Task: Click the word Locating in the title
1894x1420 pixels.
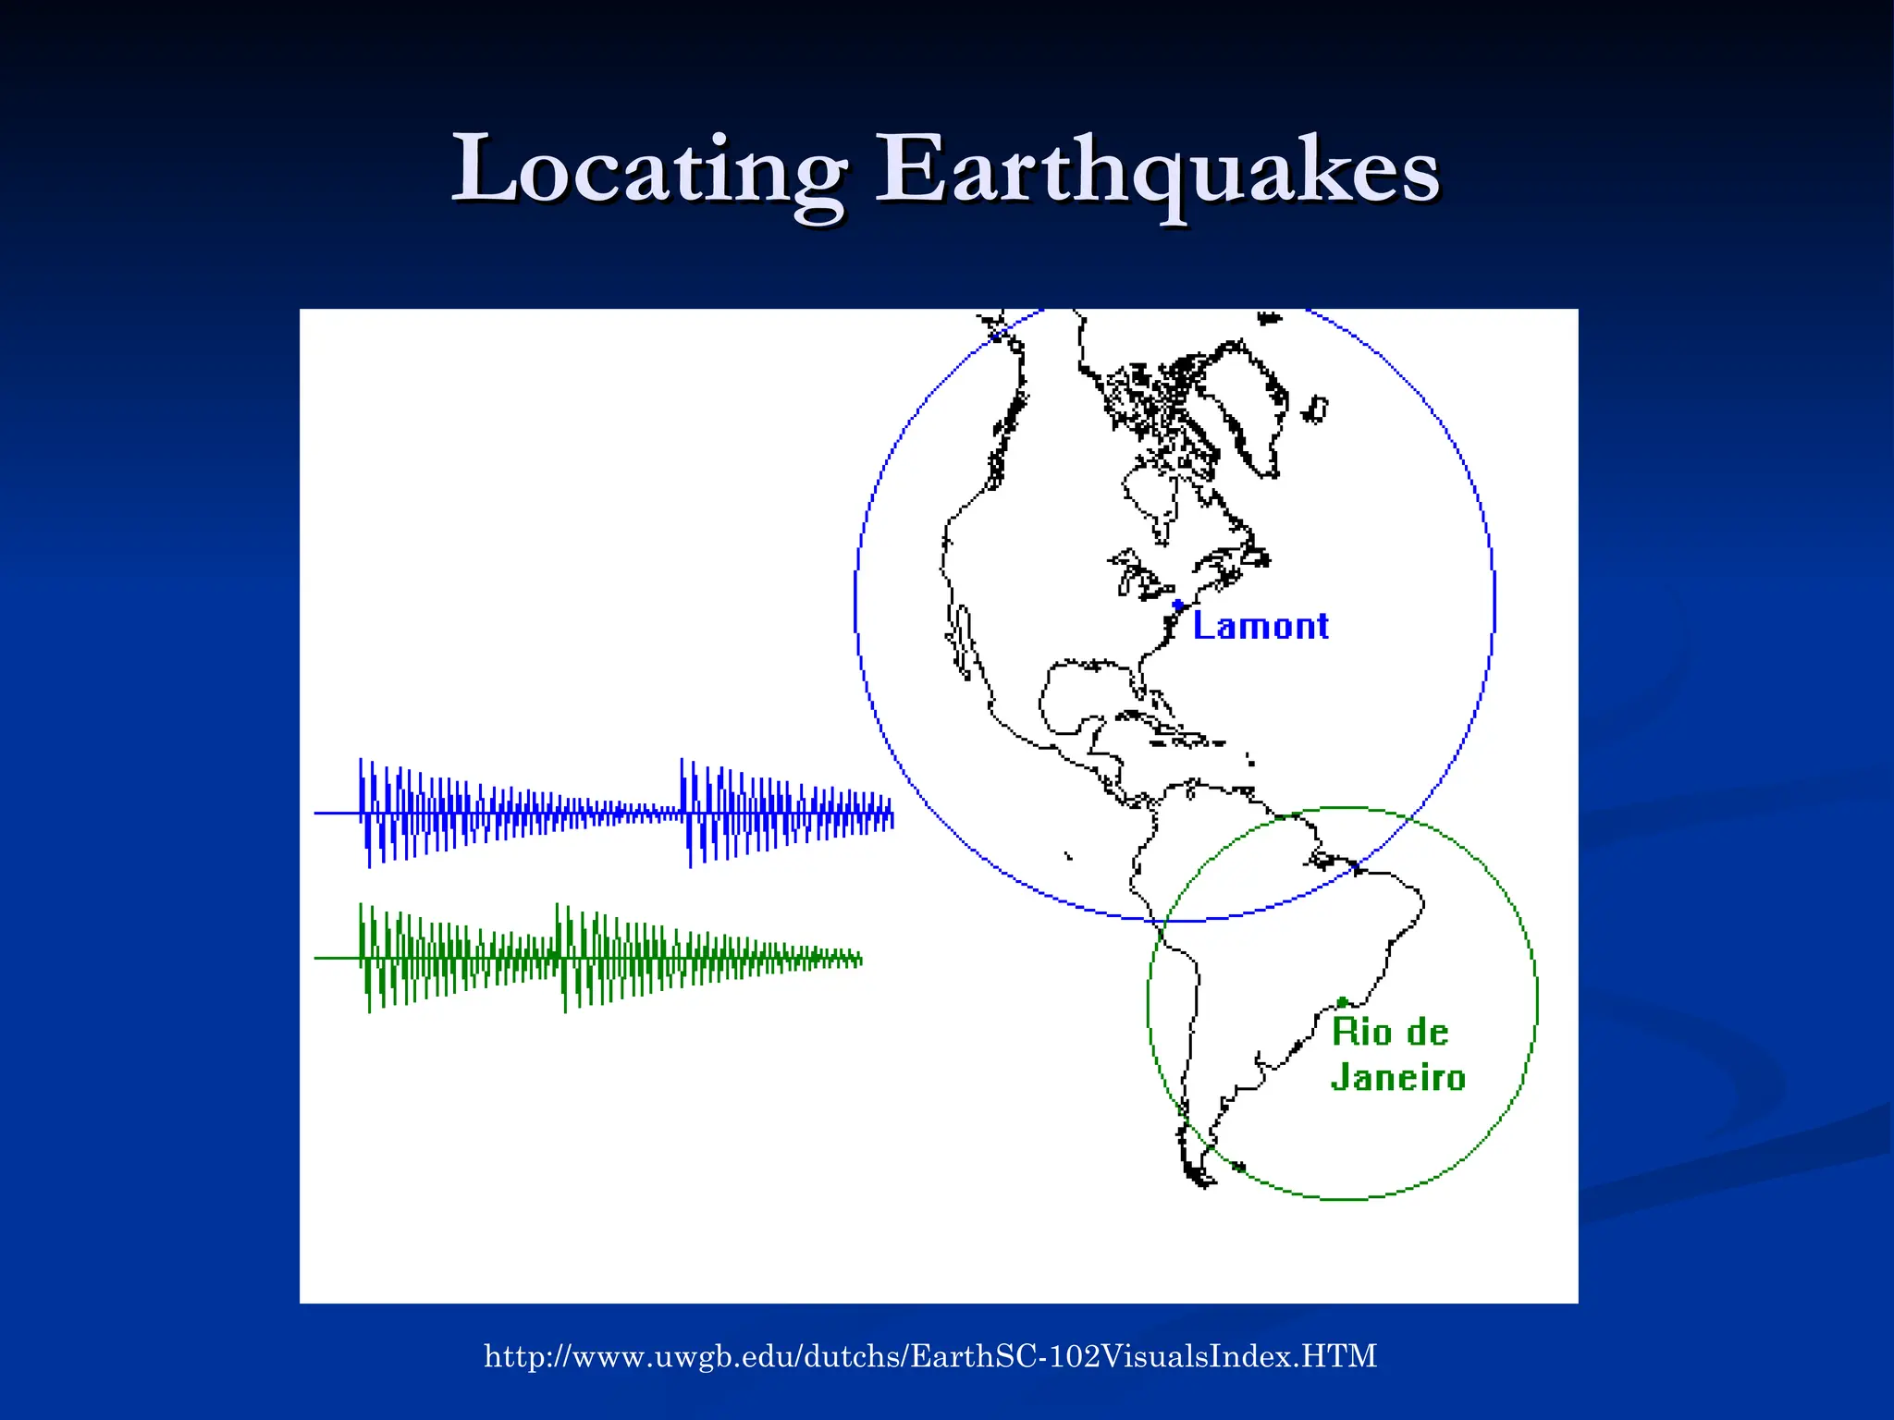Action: [647, 171]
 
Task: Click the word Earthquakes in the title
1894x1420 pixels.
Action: [1157, 171]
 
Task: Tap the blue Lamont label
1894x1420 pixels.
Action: [1261, 627]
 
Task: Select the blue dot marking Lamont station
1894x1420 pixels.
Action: [1177, 606]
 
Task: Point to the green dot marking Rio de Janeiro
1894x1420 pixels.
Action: [1342, 1002]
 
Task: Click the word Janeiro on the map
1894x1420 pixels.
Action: [1398, 1078]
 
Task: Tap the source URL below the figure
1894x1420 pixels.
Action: [930, 1356]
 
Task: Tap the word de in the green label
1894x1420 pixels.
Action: [1428, 1032]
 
